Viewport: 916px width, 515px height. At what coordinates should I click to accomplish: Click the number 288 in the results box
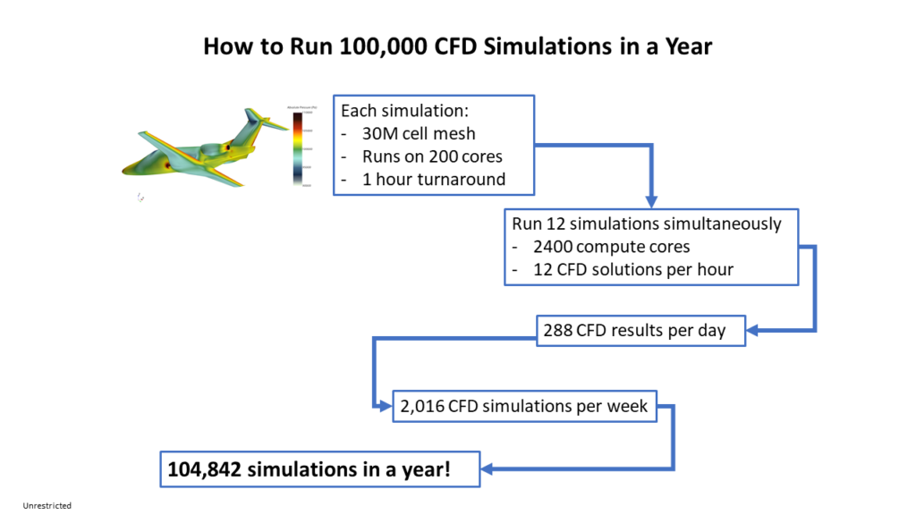click(557, 331)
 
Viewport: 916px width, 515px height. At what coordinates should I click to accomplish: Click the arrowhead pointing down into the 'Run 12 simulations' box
click(651, 199)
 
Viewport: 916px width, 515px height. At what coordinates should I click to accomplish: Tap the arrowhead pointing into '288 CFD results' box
click(754, 331)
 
